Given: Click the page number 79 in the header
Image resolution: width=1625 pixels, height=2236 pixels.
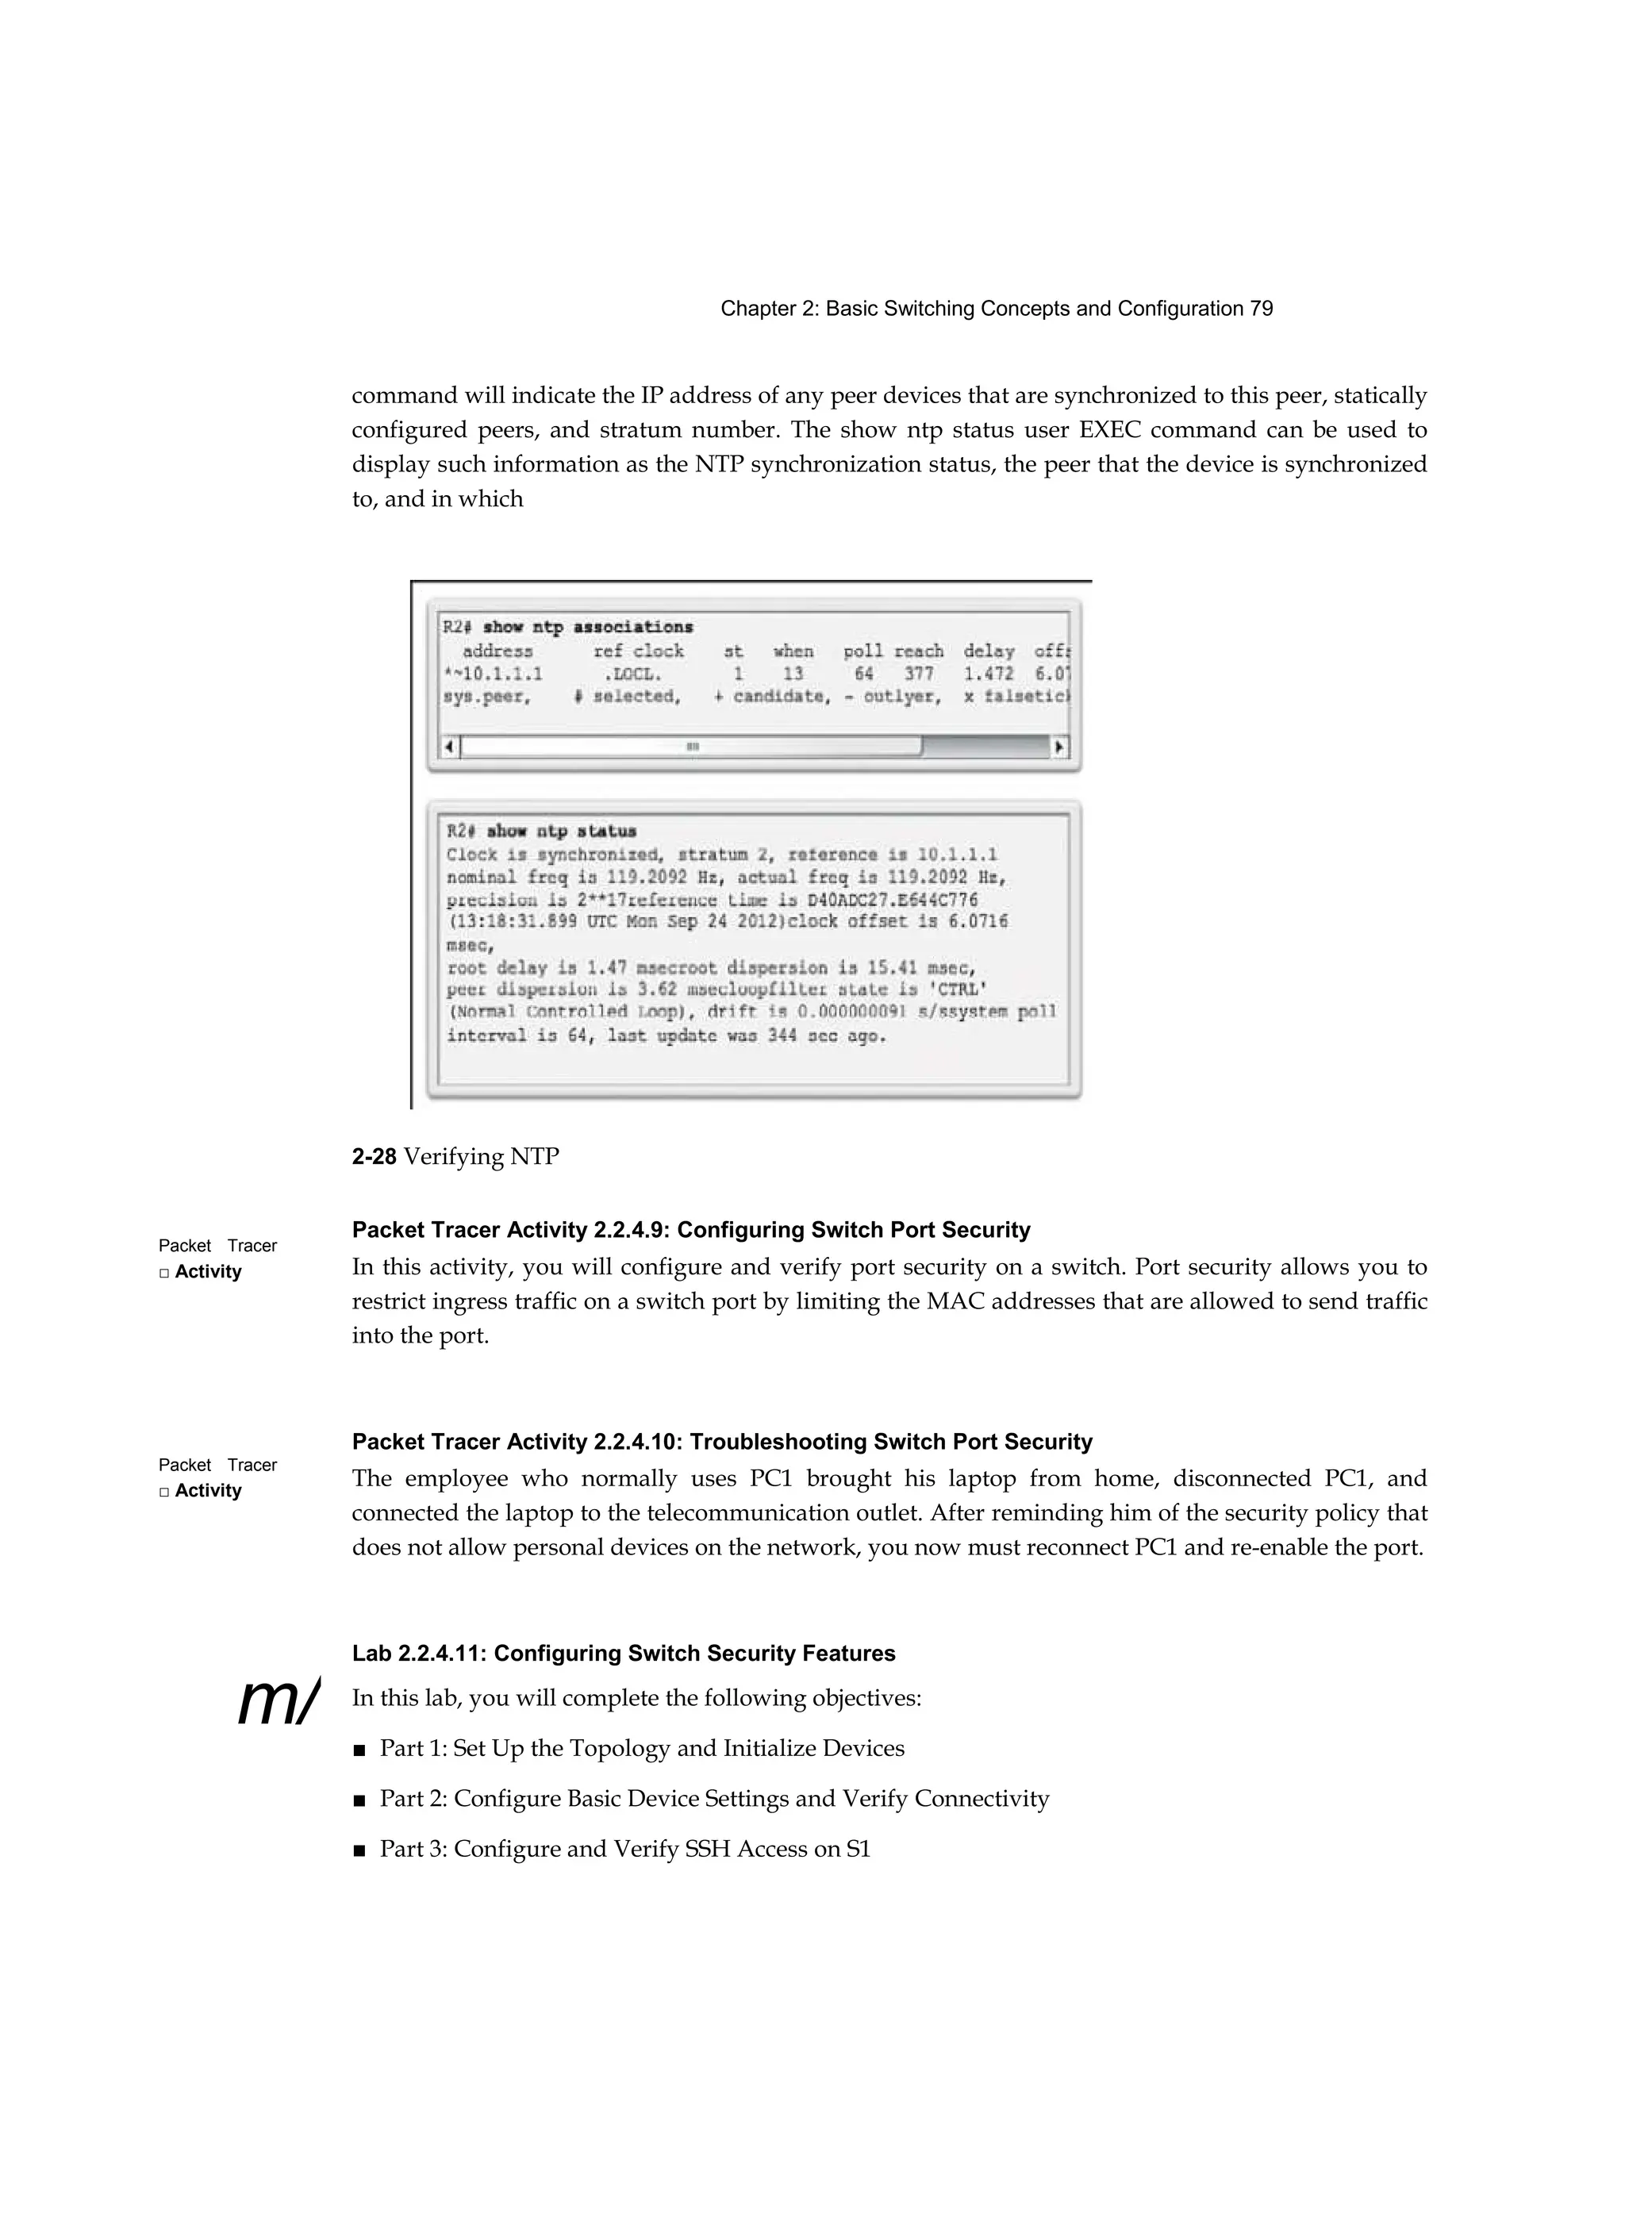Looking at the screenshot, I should pyautogui.click(x=1261, y=309).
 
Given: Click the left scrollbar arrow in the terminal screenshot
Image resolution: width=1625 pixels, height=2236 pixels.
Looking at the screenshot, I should pyautogui.click(x=450, y=747).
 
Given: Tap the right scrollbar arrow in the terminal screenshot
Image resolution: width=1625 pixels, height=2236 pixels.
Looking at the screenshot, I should pyautogui.click(x=1060, y=747).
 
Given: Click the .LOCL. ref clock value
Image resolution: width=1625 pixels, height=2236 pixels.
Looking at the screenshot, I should pyautogui.click(x=632, y=674).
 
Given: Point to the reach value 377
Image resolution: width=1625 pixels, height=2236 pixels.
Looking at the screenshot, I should pyautogui.click(x=918, y=674).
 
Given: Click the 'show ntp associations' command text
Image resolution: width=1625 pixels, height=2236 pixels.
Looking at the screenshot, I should pyautogui.click(x=588, y=627).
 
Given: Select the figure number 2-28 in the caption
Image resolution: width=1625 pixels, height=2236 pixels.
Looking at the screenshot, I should pyautogui.click(x=374, y=1156).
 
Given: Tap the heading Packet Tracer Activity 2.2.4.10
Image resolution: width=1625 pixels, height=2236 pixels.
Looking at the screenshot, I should pyautogui.click(x=722, y=1442).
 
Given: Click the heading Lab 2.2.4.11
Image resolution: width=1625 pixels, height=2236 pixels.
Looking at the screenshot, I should pyautogui.click(x=623, y=1654).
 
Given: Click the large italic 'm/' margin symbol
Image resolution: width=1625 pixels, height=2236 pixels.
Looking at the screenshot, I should pyautogui.click(x=278, y=1702).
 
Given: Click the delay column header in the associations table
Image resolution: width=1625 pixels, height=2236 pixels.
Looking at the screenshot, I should pyautogui.click(x=988, y=651).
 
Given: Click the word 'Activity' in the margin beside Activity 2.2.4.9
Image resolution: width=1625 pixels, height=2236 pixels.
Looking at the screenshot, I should pyautogui.click(x=207, y=1272).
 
